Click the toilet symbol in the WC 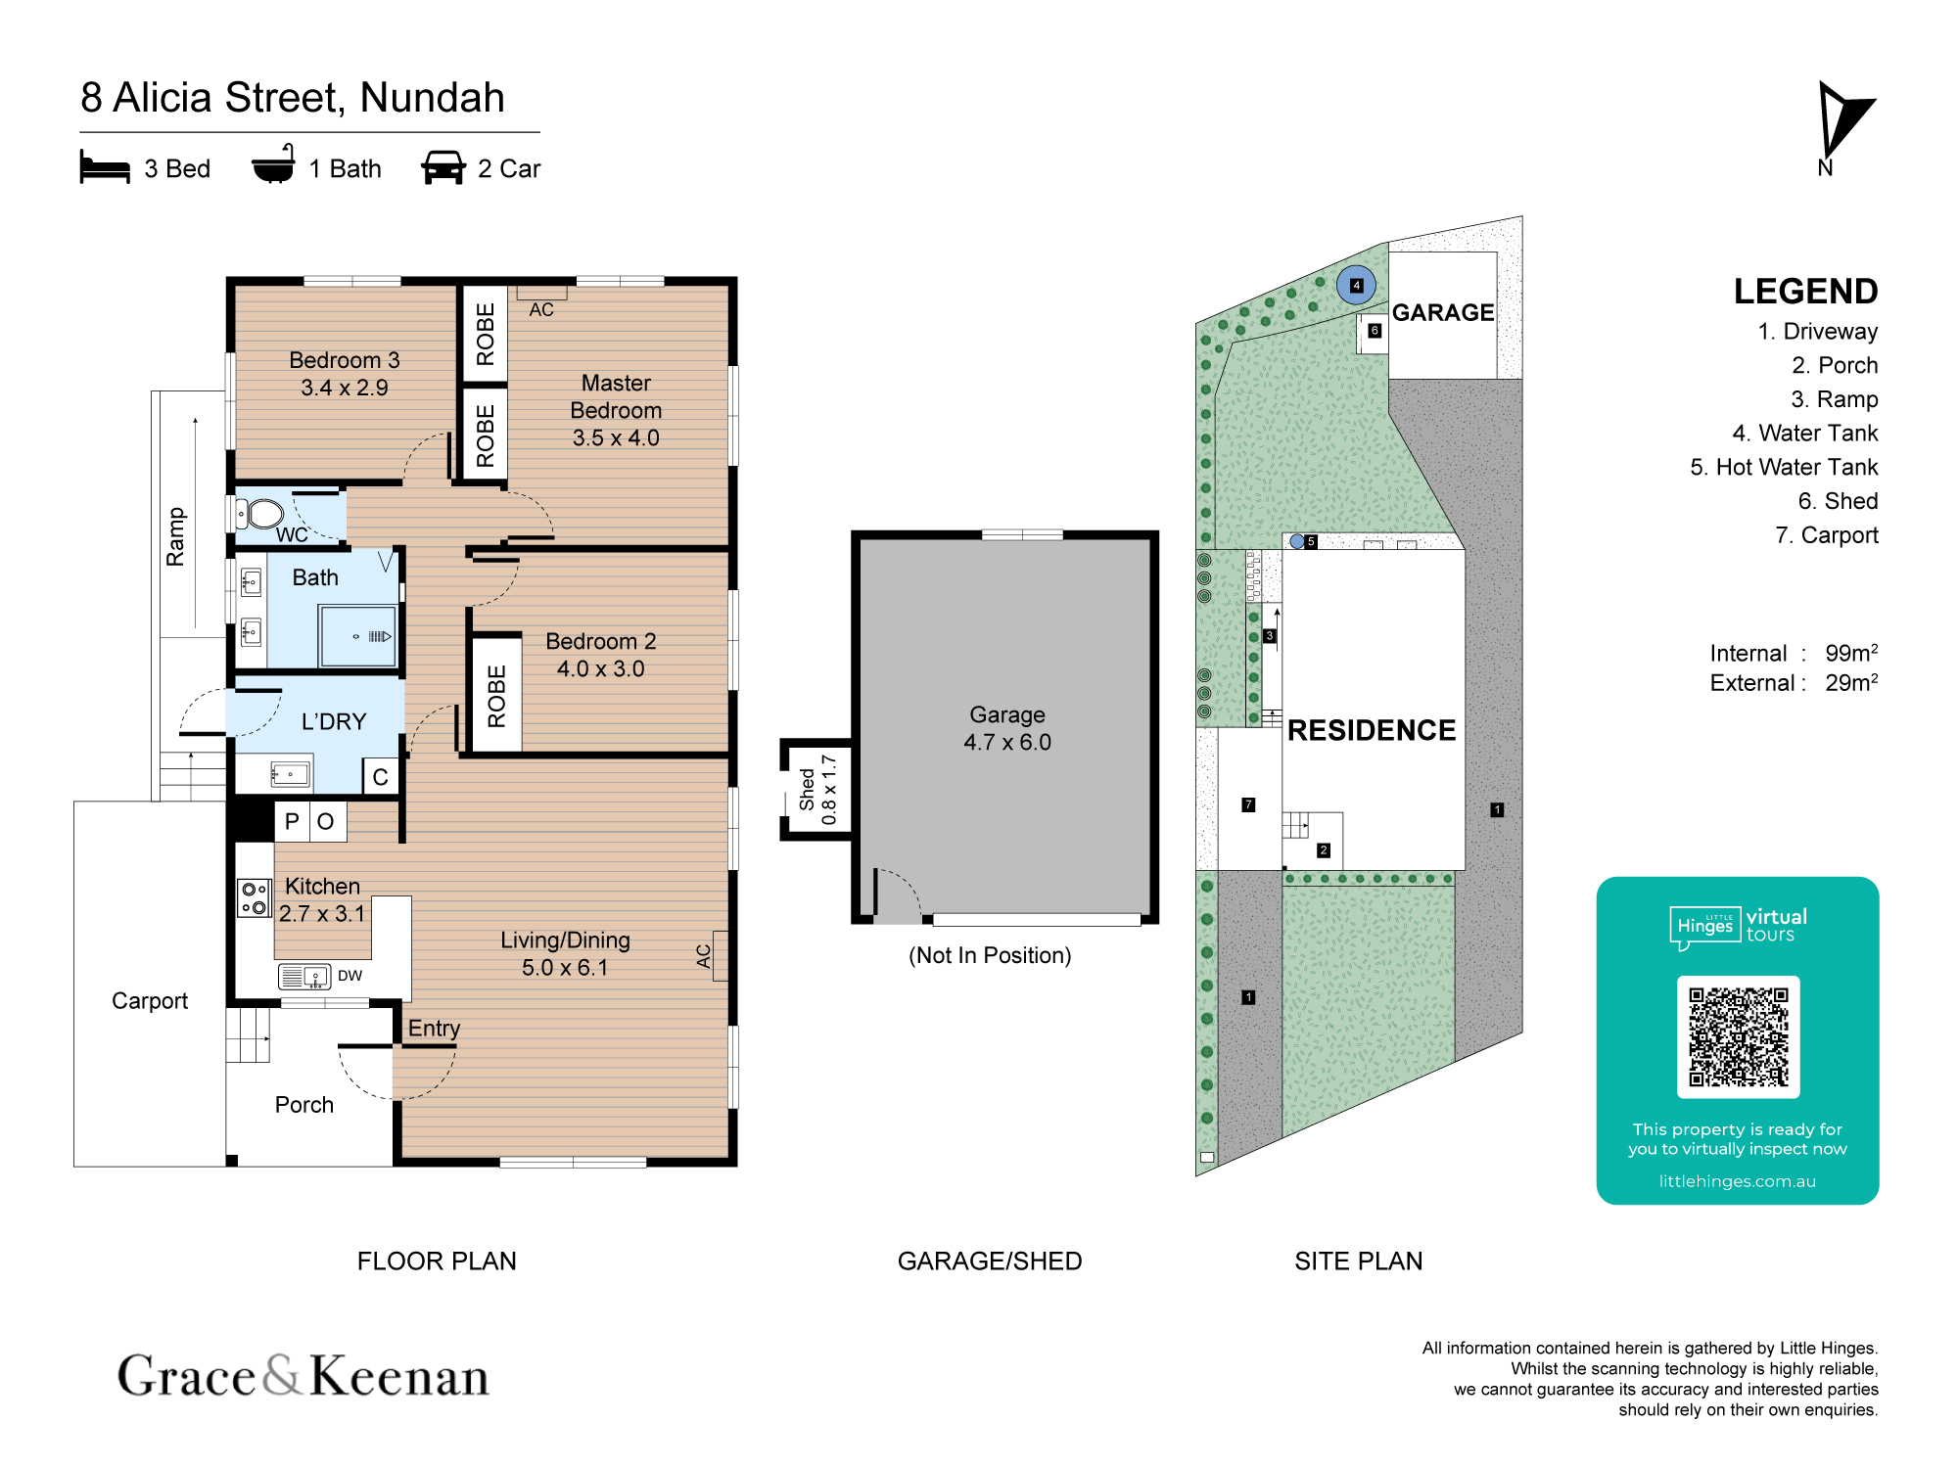[260, 513]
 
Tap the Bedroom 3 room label [345, 360]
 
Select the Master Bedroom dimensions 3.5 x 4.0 [616, 437]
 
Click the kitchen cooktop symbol [255, 897]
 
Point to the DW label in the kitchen [350, 976]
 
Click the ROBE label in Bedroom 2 [496, 696]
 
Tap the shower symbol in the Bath [358, 636]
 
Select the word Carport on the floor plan [150, 1001]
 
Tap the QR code [1738, 1036]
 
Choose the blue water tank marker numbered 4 [1356, 285]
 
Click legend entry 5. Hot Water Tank [1784, 468]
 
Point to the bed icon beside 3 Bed [105, 167]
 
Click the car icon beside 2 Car [443, 167]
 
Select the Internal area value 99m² [1851, 653]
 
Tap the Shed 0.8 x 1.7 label [817, 789]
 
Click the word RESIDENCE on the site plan [1372, 730]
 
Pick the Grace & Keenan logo [303, 1375]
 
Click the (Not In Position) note [990, 955]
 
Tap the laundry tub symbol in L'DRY [291, 775]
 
